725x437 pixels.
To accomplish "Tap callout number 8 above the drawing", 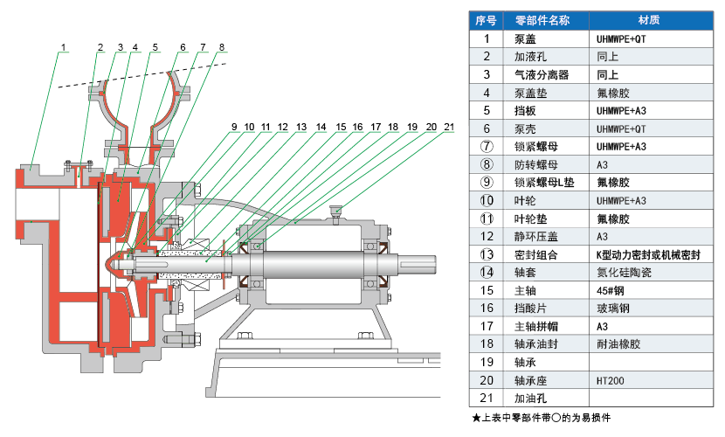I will (222, 46).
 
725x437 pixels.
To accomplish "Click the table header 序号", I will (487, 20).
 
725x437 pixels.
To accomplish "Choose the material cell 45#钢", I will (611, 290).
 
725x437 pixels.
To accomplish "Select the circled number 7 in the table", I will (487, 146).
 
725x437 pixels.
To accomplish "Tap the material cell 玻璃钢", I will (613, 308).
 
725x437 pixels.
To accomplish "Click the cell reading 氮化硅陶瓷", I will (625, 272).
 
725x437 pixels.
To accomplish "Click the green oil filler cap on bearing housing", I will (333, 209).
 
